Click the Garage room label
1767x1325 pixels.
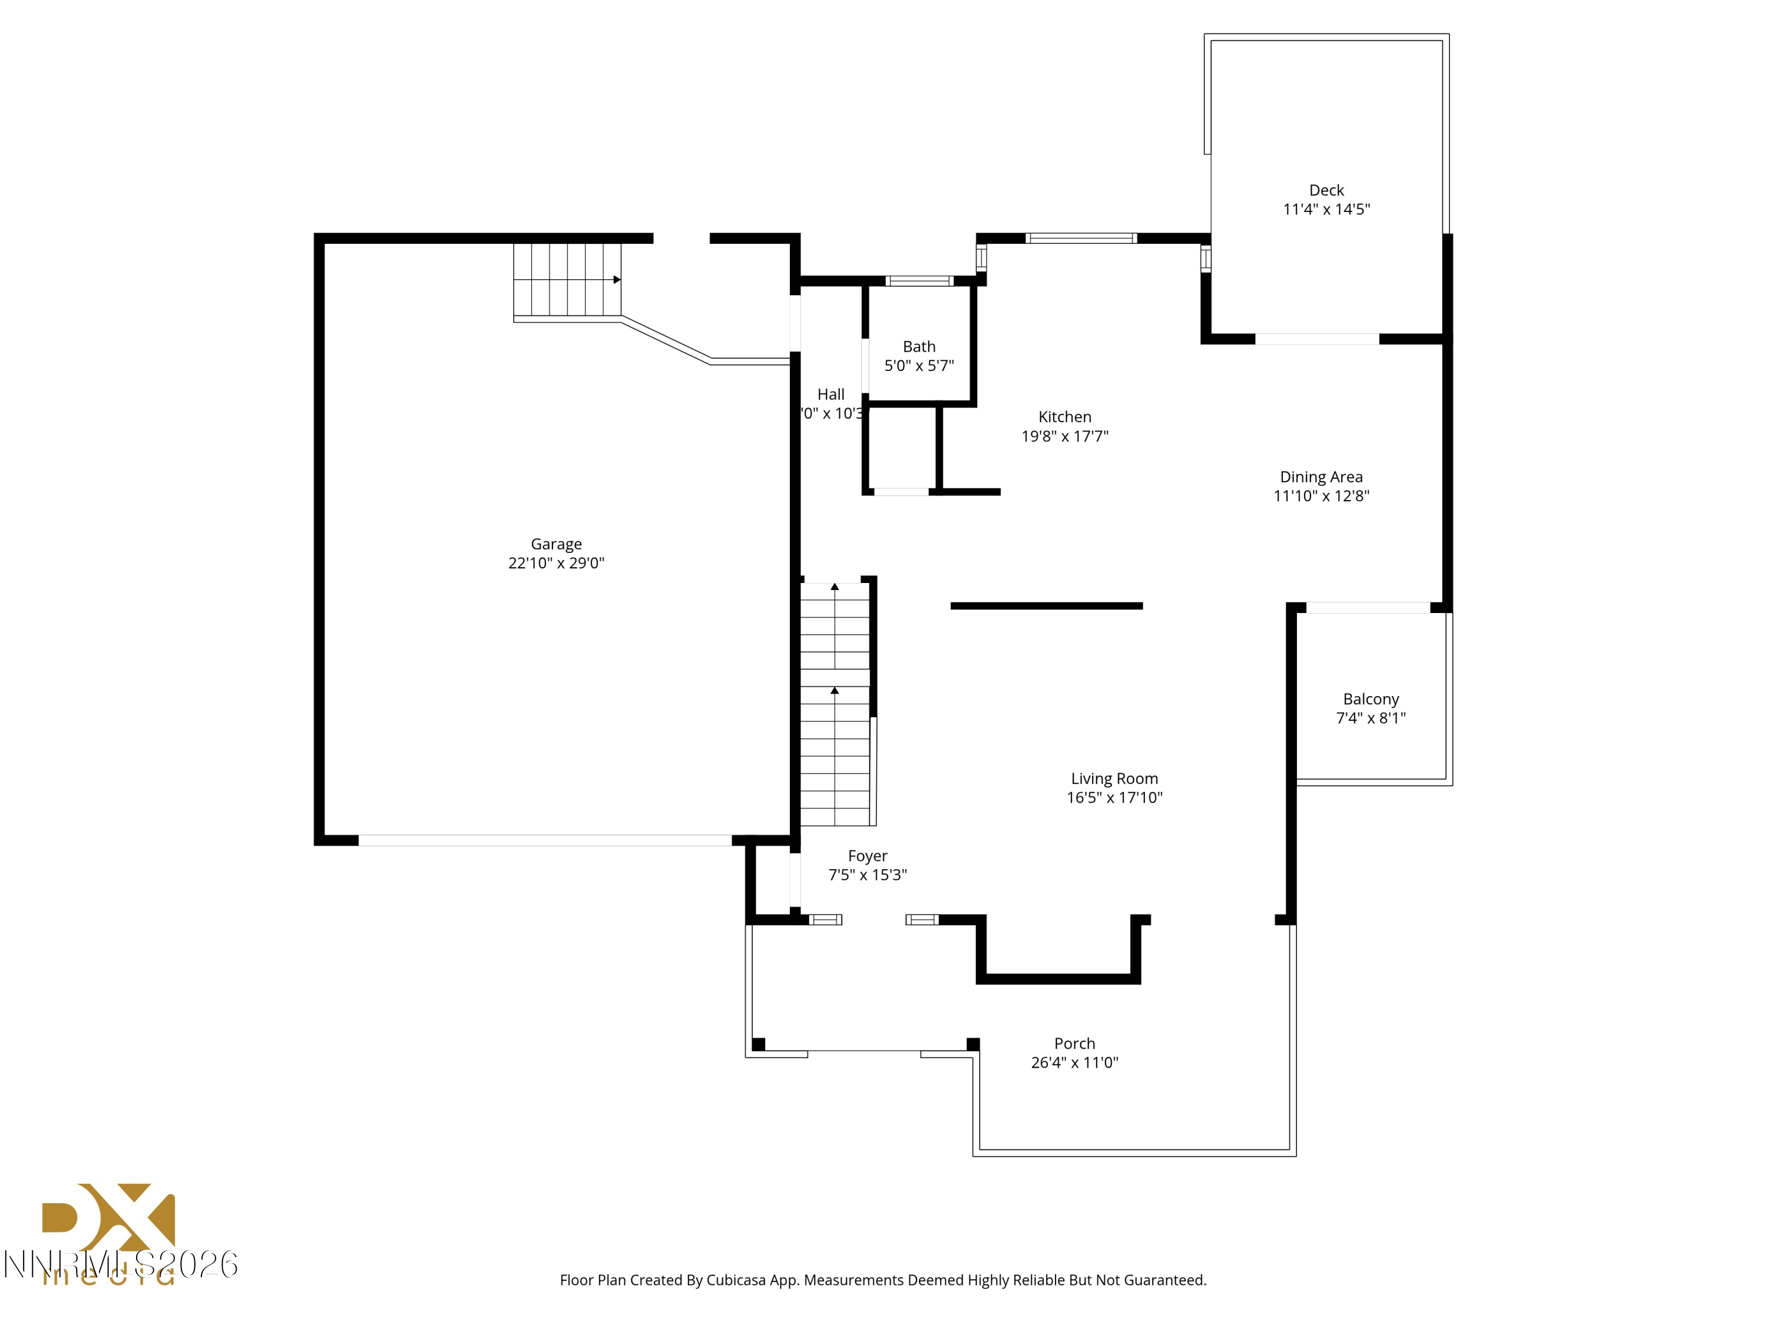[556, 544]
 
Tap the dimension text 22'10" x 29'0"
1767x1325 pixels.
[556, 563]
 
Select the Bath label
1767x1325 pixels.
[919, 347]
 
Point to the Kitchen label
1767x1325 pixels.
[1064, 417]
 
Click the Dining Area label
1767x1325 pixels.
[1321, 477]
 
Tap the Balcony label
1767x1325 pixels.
[1371, 699]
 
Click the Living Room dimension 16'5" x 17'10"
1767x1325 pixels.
[1114, 797]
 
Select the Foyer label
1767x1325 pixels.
[868, 856]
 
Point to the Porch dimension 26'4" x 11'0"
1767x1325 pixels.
[1074, 1062]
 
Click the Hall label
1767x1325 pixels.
[830, 395]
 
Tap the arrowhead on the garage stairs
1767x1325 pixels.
[617, 280]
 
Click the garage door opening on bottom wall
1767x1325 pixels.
[545, 840]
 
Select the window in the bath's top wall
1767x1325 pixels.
[919, 281]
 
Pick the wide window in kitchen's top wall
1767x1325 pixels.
[1081, 238]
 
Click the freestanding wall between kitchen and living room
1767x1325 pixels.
[1047, 606]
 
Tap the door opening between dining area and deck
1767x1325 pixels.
[1316, 339]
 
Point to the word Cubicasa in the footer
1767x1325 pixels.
[736, 1280]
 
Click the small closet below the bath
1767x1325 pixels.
[902, 449]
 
